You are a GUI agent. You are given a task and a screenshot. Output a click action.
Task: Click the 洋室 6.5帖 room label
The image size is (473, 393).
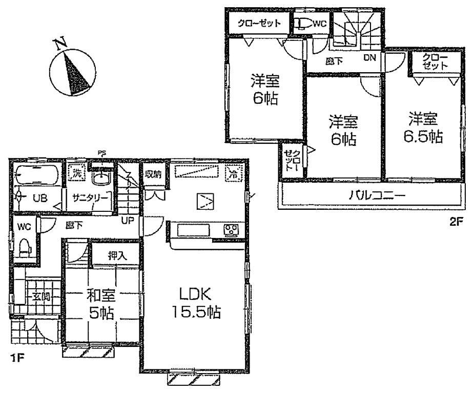tap(423, 128)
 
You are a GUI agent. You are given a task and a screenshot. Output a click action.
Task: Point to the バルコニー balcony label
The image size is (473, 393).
tap(370, 195)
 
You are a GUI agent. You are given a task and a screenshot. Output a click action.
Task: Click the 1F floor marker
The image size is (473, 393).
tap(16, 358)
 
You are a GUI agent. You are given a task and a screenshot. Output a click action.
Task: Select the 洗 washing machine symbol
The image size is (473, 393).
tap(76, 173)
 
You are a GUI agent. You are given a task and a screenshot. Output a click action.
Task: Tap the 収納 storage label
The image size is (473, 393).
tap(153, 174)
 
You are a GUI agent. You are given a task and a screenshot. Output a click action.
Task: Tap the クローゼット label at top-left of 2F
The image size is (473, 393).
tap(258, 24)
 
